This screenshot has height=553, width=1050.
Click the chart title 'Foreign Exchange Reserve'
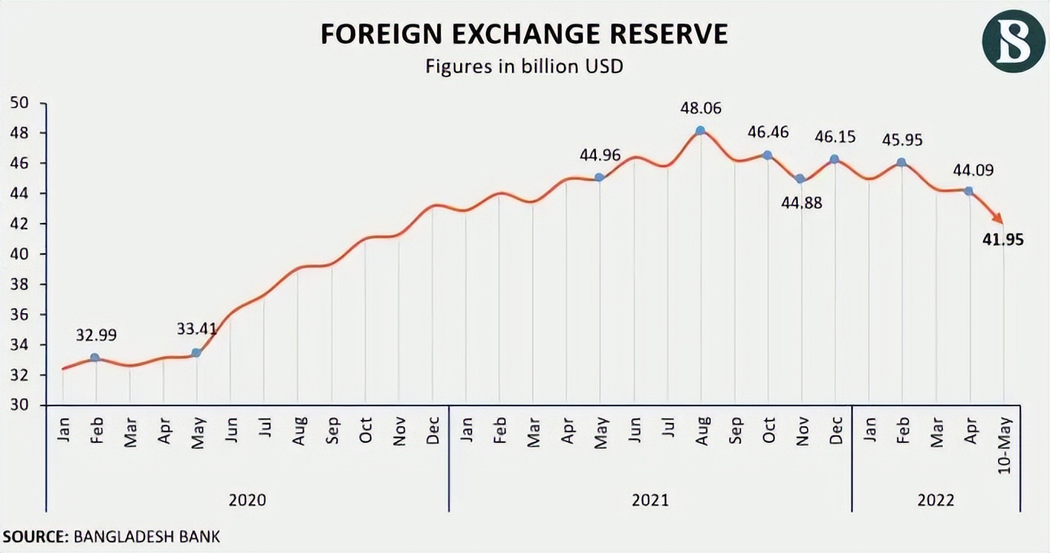coord(523,35)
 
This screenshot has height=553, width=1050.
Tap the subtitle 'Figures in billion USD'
coord(524,66)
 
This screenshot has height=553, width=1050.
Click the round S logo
coord(1013,41)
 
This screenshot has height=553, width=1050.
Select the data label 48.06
coord(701,108)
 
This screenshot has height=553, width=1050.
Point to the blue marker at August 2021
coord(700,131)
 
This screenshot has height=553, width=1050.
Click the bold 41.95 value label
coord(1002,241)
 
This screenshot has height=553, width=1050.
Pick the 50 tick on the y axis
coord(18,102)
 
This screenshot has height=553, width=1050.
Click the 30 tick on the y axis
coord(18,405)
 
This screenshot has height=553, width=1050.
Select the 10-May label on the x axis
coord(1005,442)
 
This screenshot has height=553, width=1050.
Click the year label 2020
coord(248,500)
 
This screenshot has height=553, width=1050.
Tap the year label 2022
coord(935,500)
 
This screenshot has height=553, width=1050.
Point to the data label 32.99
coord(96,335)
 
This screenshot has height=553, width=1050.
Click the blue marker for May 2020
coord(196,353)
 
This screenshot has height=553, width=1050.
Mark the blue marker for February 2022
coord(902,162)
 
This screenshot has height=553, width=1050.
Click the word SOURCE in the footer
coord(34,536)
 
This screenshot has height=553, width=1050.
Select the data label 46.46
coord(769,133)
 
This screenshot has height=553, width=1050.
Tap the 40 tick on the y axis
coord(18,254)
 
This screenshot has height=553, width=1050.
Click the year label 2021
coord(650,500)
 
